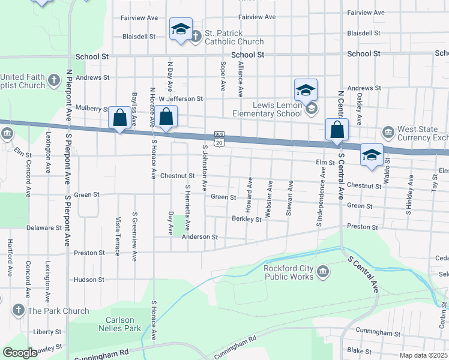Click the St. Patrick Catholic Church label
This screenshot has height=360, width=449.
234,37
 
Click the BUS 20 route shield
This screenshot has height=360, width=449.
219,139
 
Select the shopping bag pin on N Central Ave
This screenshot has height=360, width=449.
337,129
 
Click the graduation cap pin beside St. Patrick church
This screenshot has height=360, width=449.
180,29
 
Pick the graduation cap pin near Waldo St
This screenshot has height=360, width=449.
372,154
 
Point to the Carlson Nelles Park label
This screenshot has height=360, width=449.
123,324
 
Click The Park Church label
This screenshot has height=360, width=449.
58,311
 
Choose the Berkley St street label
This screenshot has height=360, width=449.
247,219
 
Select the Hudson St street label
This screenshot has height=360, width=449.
89,280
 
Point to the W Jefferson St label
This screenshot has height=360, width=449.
181,98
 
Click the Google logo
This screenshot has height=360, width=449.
20,353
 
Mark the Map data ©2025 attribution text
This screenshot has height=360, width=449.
423,355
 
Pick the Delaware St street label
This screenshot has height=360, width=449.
44,228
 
